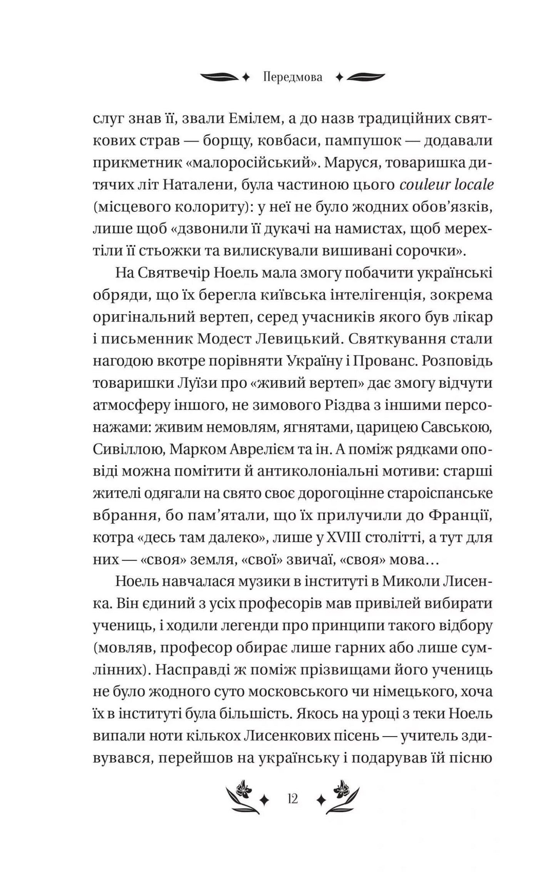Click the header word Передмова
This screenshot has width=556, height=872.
[x=293, y=78]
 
